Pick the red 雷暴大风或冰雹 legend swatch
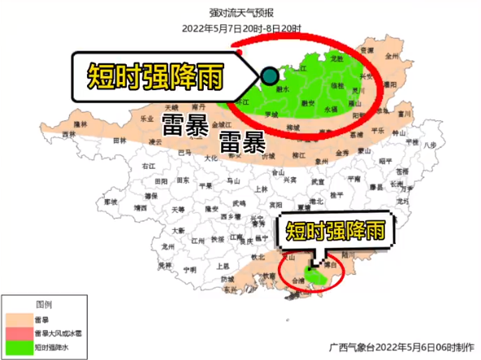click(x=18, y=333)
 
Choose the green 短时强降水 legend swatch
click(x=18, y=347)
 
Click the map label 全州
click(x=392, y=56)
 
